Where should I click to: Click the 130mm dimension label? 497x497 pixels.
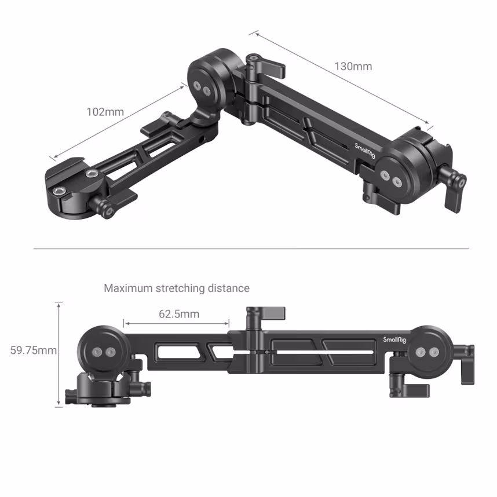click(353, 66)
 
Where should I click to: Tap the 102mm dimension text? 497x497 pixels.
click(105, 112)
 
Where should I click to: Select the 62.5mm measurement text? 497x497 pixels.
click(178, 314)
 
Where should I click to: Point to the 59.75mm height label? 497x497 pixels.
click(34, 350)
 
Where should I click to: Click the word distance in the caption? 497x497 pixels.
click(229, 288)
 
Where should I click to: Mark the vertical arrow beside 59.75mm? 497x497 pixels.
click(59, 354)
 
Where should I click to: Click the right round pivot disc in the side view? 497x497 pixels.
click(429, 351)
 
